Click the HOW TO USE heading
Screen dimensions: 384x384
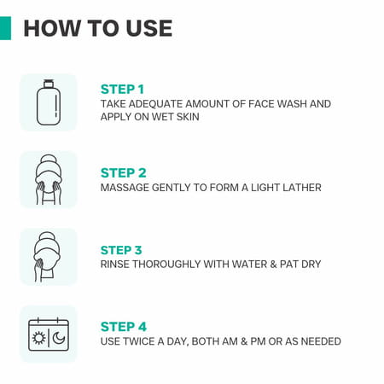click(x=97, y=28)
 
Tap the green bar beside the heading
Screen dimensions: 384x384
click(x=5, y=28)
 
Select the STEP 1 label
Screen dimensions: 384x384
click(x=122, y=89)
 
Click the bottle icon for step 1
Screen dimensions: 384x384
click(x=49, y=102)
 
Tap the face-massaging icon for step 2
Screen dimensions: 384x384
click(x=49, y=179)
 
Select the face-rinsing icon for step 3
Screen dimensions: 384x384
click(x=49, y=256)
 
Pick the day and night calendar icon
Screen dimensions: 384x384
click(x=49, y=334)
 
